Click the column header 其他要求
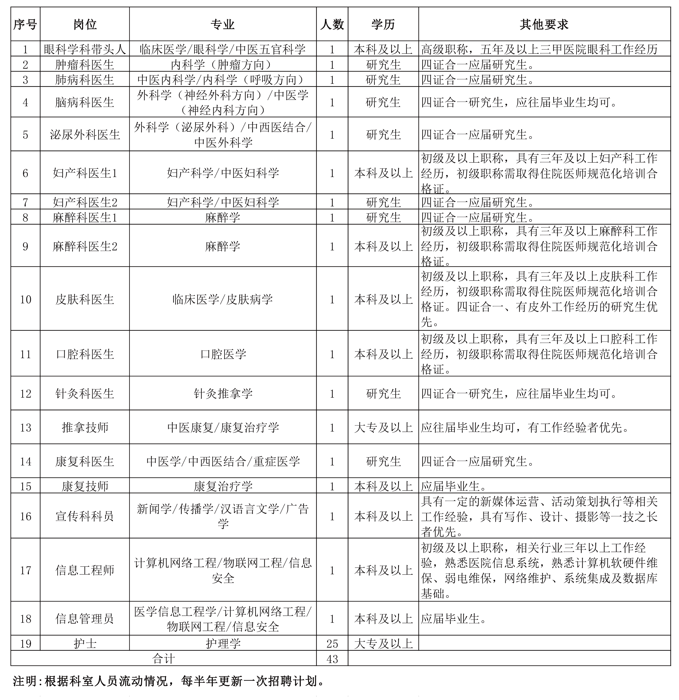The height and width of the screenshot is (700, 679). [544, 24]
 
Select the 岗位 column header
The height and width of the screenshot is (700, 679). [85, 24]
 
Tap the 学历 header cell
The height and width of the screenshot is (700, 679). [383, 24]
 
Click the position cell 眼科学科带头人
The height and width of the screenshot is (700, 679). [85, 49]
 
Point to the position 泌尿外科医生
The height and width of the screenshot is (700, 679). [85, 135]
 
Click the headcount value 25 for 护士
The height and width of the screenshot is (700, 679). [332, 644]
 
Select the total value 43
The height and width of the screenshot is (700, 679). [332, 659]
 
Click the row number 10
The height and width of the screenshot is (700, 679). [25, 299]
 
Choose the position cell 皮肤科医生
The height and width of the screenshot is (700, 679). [85, 299]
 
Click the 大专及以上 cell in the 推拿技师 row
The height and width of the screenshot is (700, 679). [383, 427]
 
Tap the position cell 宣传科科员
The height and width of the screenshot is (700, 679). [85, 516]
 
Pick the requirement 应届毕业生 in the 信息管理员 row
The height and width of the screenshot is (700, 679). [453, 619]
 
